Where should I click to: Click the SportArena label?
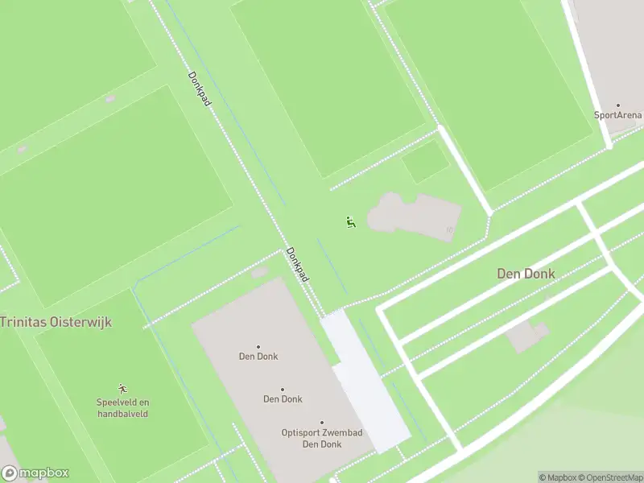[x=617, y=115]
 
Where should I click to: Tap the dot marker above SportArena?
[x=618, y=105]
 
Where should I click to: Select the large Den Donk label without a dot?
[x=526, y=274]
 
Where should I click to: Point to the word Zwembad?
[x=341, y=433]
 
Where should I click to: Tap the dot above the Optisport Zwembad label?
[x=321, y=423]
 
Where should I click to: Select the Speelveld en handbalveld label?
[x=123, y=408]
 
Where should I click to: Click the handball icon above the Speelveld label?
[x=123, y=388]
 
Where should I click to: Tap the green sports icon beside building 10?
[x=350, y=222]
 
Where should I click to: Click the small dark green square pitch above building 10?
[x=425, y=162]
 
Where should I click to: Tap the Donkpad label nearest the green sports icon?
[x=298, y=265]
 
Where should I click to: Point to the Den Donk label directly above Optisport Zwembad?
[x=282, y=398]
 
